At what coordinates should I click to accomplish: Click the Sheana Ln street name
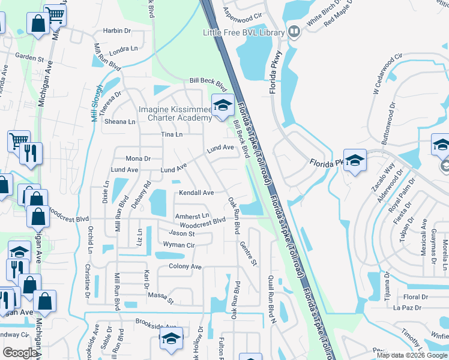[x=121, y=121]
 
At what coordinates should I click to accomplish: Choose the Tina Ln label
[x=171, y=134]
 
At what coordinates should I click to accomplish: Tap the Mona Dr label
[x=137, y=158]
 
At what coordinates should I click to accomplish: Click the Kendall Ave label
[x=196, y=193]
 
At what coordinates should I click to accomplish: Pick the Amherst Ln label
[x=191, y=215]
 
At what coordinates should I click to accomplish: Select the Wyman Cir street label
[x=179, y=245]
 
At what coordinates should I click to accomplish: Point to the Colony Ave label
[x=185, y=266]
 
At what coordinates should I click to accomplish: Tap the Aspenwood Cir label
[x=243, y=12]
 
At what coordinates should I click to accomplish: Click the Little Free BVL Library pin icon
[x=294, y=31]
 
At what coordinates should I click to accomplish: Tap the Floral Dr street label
[x=415, y=297]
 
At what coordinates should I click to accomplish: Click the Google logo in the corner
[x=20, y=352]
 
